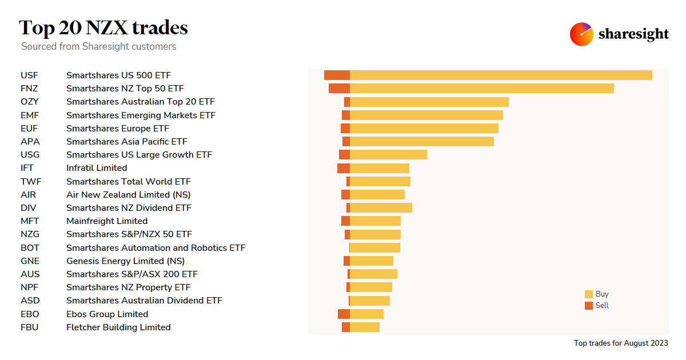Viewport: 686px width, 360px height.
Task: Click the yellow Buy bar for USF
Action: [501, 75]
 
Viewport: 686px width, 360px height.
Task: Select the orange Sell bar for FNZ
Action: [339, 89]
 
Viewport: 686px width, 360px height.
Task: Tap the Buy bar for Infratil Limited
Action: [380, 168]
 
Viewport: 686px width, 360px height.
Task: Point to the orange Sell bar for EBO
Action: [344, 314]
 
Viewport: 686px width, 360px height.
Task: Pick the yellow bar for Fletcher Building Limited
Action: [365, 327]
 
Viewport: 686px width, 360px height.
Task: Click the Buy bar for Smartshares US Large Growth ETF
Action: [388, 155]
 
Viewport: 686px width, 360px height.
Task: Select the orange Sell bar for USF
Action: [337, 75]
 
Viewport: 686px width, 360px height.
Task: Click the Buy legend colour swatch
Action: [589, 294]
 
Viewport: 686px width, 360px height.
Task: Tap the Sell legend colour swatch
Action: [589, 306]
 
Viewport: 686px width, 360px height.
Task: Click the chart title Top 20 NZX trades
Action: [103, 27]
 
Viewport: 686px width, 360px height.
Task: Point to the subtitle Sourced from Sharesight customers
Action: [99, 46]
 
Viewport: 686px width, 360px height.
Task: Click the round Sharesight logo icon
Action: [581, 34]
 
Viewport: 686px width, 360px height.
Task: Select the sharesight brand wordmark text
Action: [633, 34]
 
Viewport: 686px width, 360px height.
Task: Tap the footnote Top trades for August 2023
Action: [621, 343]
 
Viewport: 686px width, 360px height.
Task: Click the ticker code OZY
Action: [30, 102]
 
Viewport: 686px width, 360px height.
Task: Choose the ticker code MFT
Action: [30, 221]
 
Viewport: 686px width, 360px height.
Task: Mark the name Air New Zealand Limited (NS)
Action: [128, 195]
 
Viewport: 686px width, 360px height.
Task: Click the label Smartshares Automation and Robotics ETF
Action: [155, 248]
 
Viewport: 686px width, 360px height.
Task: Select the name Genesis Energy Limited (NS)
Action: [125, 261]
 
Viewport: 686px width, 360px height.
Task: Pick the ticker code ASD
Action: [30, 301]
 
